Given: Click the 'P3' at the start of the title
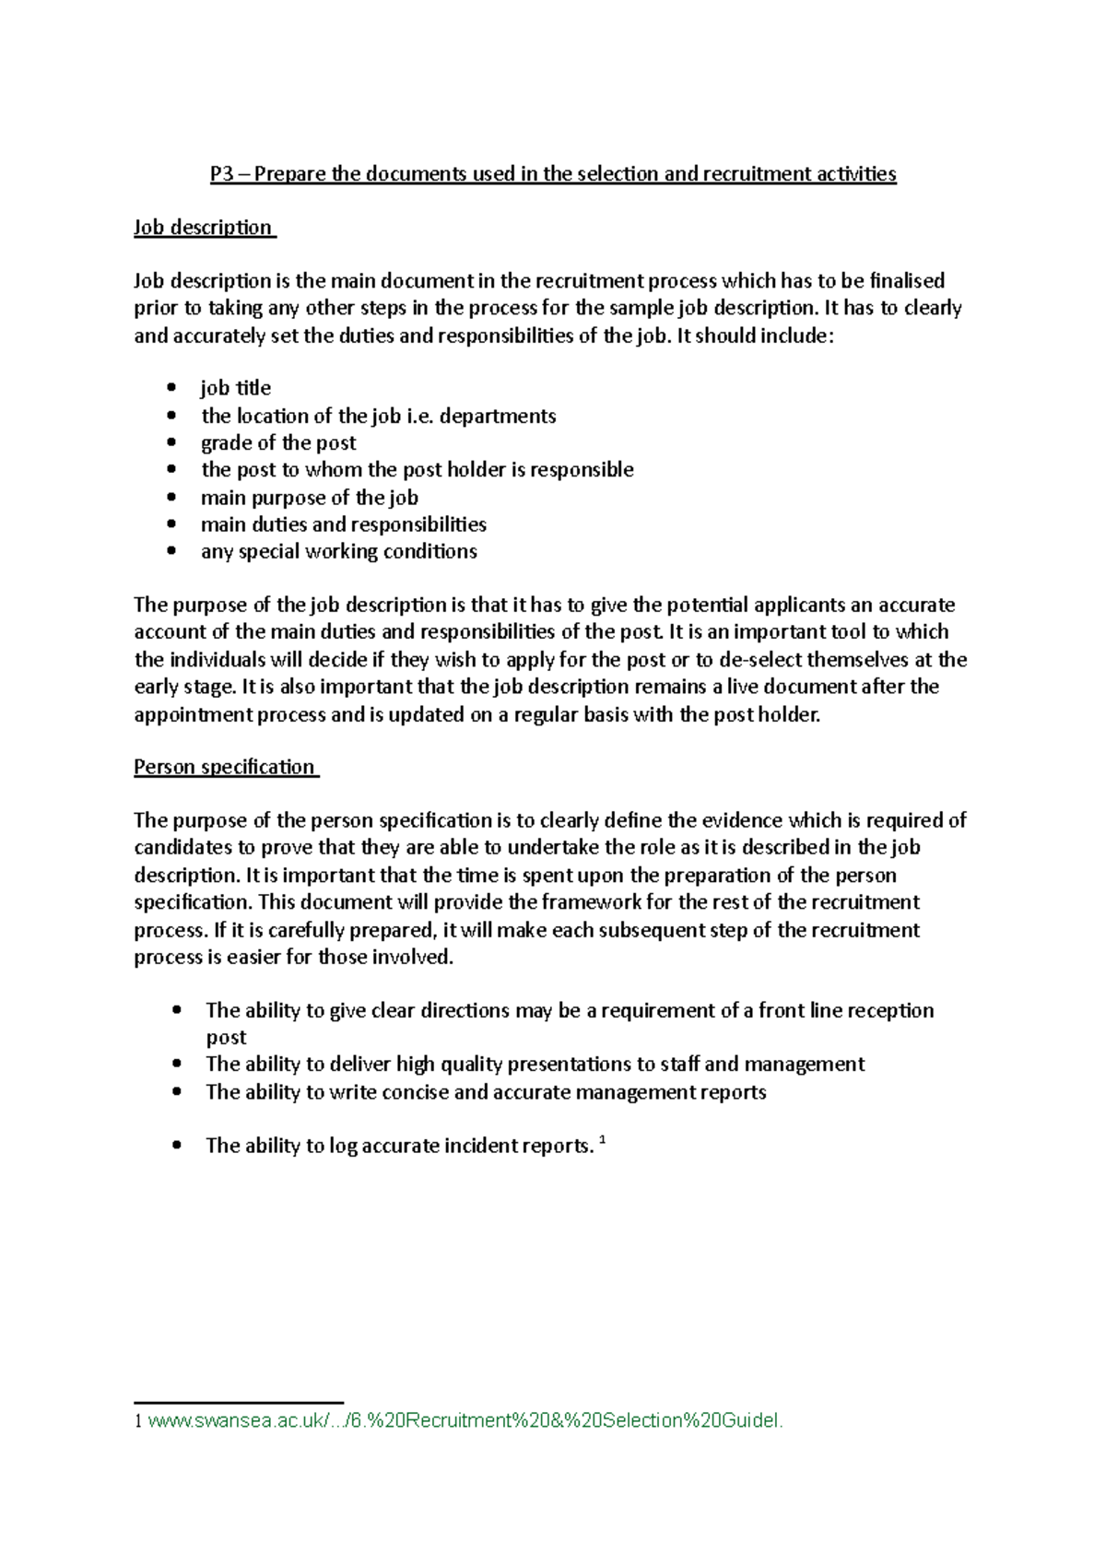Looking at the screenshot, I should click(x=222, y=174).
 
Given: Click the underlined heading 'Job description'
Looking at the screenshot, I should click(x=203, y=228).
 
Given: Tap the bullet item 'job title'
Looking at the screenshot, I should click(x=236, y=388).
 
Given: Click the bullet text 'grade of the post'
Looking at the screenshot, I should click(x=278, y=442).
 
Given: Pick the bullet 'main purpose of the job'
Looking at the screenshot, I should click(x=310, y=498).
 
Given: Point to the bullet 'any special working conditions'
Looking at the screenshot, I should click(x=339, y=551).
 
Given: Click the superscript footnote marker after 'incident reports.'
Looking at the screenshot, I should click(x=603, y=1140).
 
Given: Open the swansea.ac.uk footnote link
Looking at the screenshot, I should click(x=465, y=1420).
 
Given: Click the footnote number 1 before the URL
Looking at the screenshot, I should click(x=138, y=1421).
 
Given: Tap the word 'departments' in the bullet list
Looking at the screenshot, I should click(x=498, y=416).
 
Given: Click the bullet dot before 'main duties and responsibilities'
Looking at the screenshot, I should click(x=171, y=524).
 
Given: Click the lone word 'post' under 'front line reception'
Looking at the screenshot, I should click(x=226, y=1038).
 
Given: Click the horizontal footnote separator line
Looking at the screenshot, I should click(x=239, y=1402).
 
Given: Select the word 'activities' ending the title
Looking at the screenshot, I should click(x=855, y=174).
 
